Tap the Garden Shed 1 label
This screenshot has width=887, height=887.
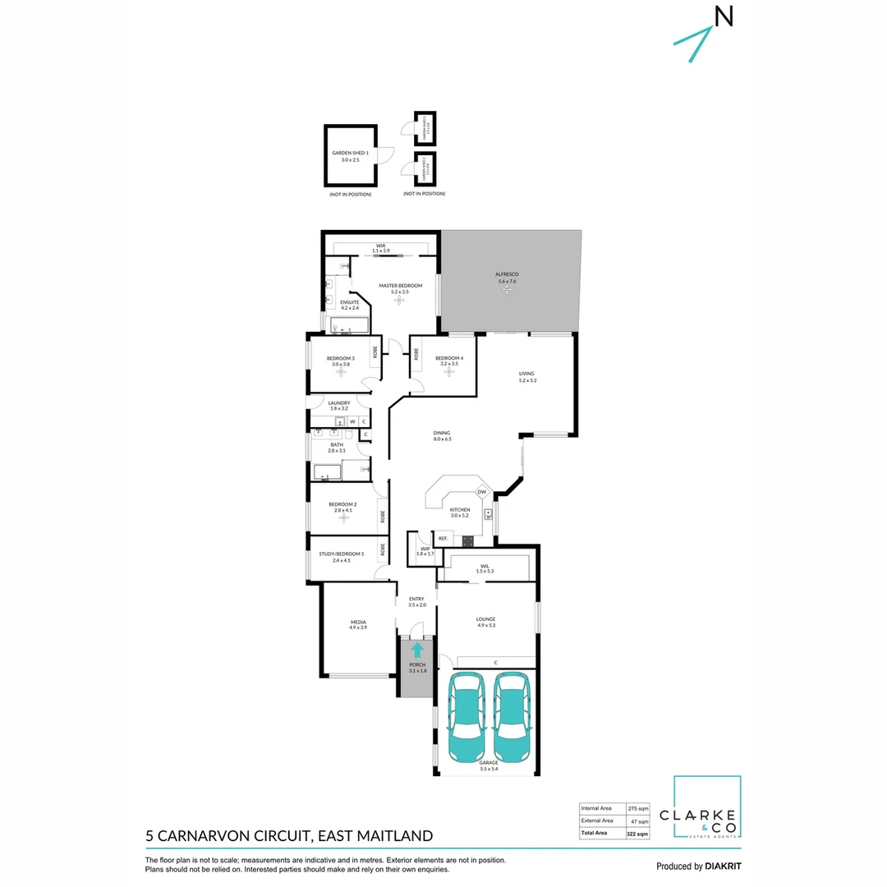point(350,154)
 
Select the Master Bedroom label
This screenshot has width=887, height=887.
point(400,286)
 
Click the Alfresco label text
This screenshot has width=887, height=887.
point(507,273)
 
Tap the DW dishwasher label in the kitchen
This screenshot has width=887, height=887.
point(482,492)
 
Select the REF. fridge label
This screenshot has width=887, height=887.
point(443,539)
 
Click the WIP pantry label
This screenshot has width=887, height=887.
point(425,549)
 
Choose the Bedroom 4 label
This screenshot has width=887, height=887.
point(449,358)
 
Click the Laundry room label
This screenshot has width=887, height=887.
point(339,403)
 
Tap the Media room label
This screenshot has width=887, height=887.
point(358,623)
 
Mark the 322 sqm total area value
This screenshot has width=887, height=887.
point(637,834)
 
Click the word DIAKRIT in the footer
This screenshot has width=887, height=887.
point(723,866)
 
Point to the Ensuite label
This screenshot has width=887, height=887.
point(351,302)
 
